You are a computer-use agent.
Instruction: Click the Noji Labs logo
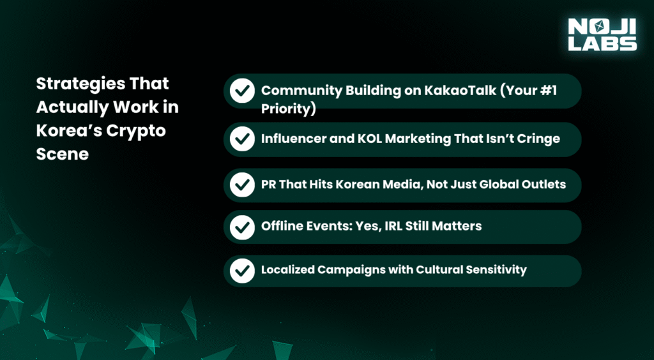(602, 34)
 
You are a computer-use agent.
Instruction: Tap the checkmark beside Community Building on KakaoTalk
(242, 91)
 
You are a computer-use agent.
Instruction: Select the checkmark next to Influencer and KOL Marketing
(242, 139)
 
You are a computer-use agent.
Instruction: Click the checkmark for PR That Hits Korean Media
(242, 184)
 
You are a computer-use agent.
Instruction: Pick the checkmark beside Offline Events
(242, 227)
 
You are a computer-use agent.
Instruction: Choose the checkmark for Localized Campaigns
(242, 270)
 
